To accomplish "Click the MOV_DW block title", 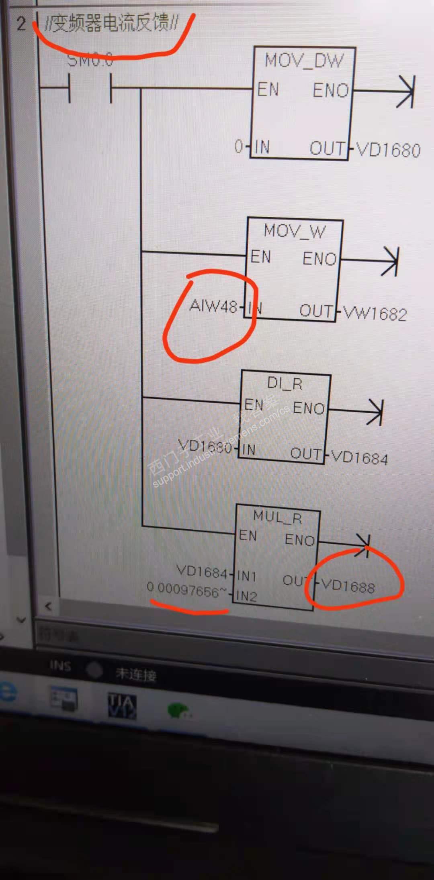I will pos(304,61).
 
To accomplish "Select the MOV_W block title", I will pos(294,231).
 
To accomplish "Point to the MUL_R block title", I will pos(277,517).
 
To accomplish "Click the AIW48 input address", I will pos(213,306).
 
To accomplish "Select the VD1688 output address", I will pos(348,587).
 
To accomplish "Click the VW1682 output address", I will pos(375,313).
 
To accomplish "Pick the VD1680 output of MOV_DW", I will pos(388,150).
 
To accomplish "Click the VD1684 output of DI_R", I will pos(359,457).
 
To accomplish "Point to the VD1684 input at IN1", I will pos(202,571).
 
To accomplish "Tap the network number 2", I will pos(21,24).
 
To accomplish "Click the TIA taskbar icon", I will pos(122,706).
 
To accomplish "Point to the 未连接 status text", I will pos(136,674).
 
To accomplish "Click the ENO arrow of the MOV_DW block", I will pos(405,91).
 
